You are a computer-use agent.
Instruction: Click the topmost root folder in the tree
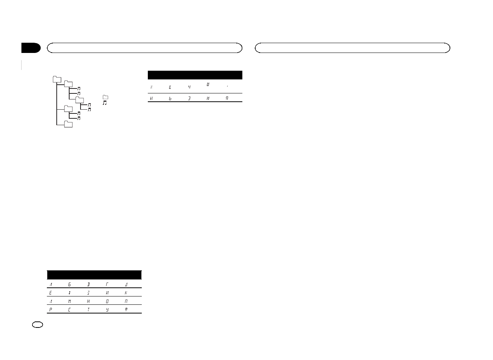57,79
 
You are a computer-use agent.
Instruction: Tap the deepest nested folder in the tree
79,99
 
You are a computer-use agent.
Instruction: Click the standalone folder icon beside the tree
105,97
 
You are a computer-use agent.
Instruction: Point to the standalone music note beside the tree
105,103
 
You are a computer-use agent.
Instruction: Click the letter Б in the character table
70,284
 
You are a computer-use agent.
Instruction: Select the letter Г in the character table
107,284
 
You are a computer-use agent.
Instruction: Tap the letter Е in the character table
50,293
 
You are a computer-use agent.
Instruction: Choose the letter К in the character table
126,293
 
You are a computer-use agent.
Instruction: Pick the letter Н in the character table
88,301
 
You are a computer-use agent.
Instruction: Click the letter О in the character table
107,301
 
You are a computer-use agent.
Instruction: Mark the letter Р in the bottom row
50,310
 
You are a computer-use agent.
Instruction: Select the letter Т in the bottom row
88,310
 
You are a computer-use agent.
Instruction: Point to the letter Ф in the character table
126,310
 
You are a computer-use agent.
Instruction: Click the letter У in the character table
107,310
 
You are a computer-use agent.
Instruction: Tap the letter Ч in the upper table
189,87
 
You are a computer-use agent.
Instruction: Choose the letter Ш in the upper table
208,84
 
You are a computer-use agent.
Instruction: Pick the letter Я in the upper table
227,98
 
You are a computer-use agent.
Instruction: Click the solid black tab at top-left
31,48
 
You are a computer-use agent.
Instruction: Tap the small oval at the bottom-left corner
38,324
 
